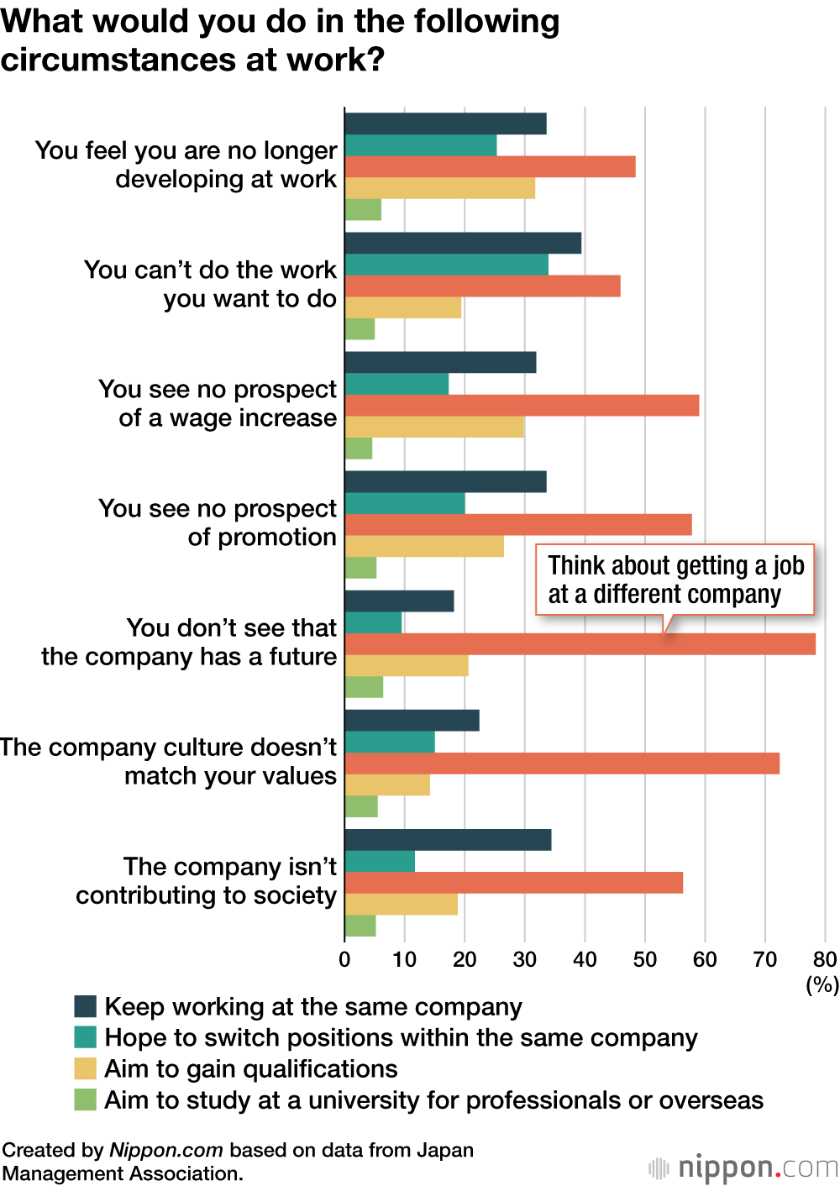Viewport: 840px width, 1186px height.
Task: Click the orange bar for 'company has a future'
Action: [580, 644]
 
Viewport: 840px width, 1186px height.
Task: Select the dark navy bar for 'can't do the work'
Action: [463, 244]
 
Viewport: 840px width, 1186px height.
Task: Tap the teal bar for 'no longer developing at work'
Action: [420, 145]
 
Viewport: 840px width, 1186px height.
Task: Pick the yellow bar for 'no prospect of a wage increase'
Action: [434, 428]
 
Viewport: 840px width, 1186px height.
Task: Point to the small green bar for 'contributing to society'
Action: [360, 926]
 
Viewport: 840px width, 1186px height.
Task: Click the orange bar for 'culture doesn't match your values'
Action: [562, 764]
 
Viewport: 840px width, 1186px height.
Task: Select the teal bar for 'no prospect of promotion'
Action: [405, 503]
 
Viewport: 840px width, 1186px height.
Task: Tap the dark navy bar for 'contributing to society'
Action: [448, 840]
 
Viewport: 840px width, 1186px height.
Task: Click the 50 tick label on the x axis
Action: [645, 960]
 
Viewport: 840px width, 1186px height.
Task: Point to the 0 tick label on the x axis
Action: [344, 960]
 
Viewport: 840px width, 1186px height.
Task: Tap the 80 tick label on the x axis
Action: [825, 960]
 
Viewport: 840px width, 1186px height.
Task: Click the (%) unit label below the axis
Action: [822, 984]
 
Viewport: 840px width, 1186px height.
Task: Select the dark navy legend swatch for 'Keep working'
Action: [86, 1006]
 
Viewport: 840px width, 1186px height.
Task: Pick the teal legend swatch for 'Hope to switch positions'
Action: [86, 1037]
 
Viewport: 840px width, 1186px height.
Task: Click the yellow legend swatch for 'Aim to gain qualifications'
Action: [86, 1068]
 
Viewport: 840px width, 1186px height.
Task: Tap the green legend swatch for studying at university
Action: [86, 1099]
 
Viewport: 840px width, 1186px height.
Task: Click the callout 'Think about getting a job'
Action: [675, 580]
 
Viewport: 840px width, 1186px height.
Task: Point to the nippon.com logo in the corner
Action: [744, 1168]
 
